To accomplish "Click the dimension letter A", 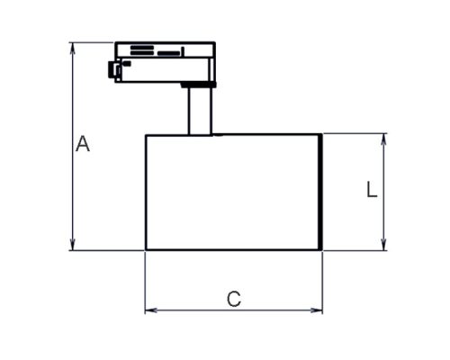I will point(83,144).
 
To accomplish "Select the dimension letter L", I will point(371,190).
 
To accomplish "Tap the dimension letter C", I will point(234,298).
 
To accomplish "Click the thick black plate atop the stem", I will point(196,85).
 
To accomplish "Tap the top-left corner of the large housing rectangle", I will point(146,135).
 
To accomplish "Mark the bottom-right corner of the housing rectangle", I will point(321,249).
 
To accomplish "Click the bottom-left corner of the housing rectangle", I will point(146,249).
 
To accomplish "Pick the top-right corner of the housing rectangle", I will point(321,135).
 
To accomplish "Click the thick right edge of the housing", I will point(320,192).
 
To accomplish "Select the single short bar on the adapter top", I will point(168,53).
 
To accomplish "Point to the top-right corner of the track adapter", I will point(214,42).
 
